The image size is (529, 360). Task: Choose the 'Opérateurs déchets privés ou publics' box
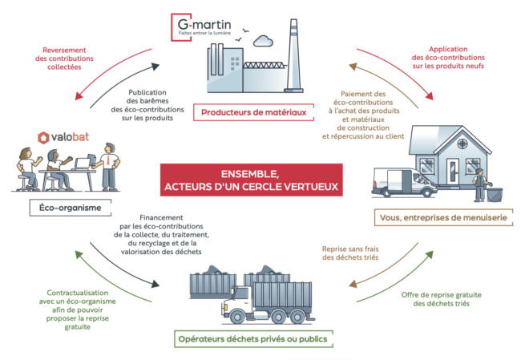coord(253,338)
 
